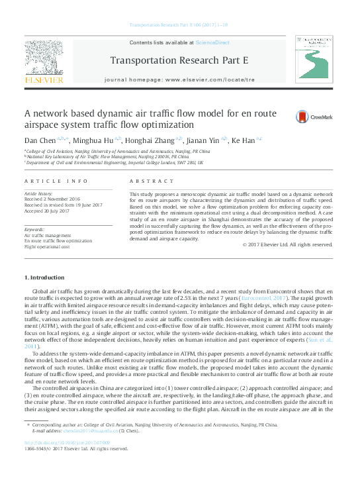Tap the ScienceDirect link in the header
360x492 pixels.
(x=210, y=42)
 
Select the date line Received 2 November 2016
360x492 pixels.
(x=52, y=197)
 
